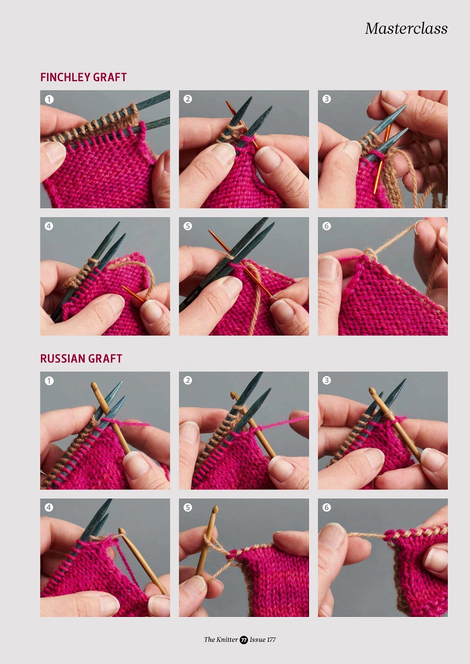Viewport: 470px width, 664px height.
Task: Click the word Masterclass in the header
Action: (406, 29)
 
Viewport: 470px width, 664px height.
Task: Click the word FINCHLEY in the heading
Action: (65, 78)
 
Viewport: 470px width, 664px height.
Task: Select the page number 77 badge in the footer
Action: (244, 640)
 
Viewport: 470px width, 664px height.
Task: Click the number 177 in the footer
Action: (271, 640)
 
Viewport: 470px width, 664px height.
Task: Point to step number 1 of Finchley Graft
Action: (49, 99)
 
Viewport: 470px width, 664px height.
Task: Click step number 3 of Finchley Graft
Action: (327, 99)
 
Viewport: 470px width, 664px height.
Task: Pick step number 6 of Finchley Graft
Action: (327, 226)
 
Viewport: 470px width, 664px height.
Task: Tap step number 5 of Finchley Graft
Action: (188, 226)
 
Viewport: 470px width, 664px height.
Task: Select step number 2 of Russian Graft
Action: (188, 380)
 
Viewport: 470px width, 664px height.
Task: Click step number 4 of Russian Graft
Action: (49, 507)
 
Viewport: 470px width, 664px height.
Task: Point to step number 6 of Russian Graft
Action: (327, 507)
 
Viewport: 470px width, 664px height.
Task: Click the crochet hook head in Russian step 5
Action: (215, 510)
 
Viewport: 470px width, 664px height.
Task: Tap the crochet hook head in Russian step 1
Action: (94, 385)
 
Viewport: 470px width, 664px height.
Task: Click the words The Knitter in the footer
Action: (221, 640)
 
